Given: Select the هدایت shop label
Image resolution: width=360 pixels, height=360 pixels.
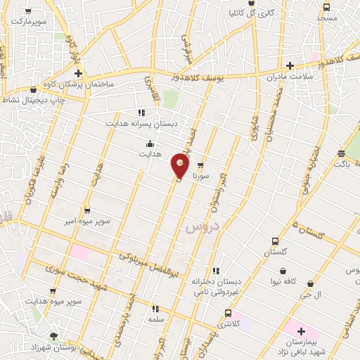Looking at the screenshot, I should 149,153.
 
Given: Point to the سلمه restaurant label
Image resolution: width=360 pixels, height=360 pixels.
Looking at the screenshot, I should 156,319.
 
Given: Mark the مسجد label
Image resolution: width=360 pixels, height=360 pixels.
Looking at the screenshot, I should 328,17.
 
